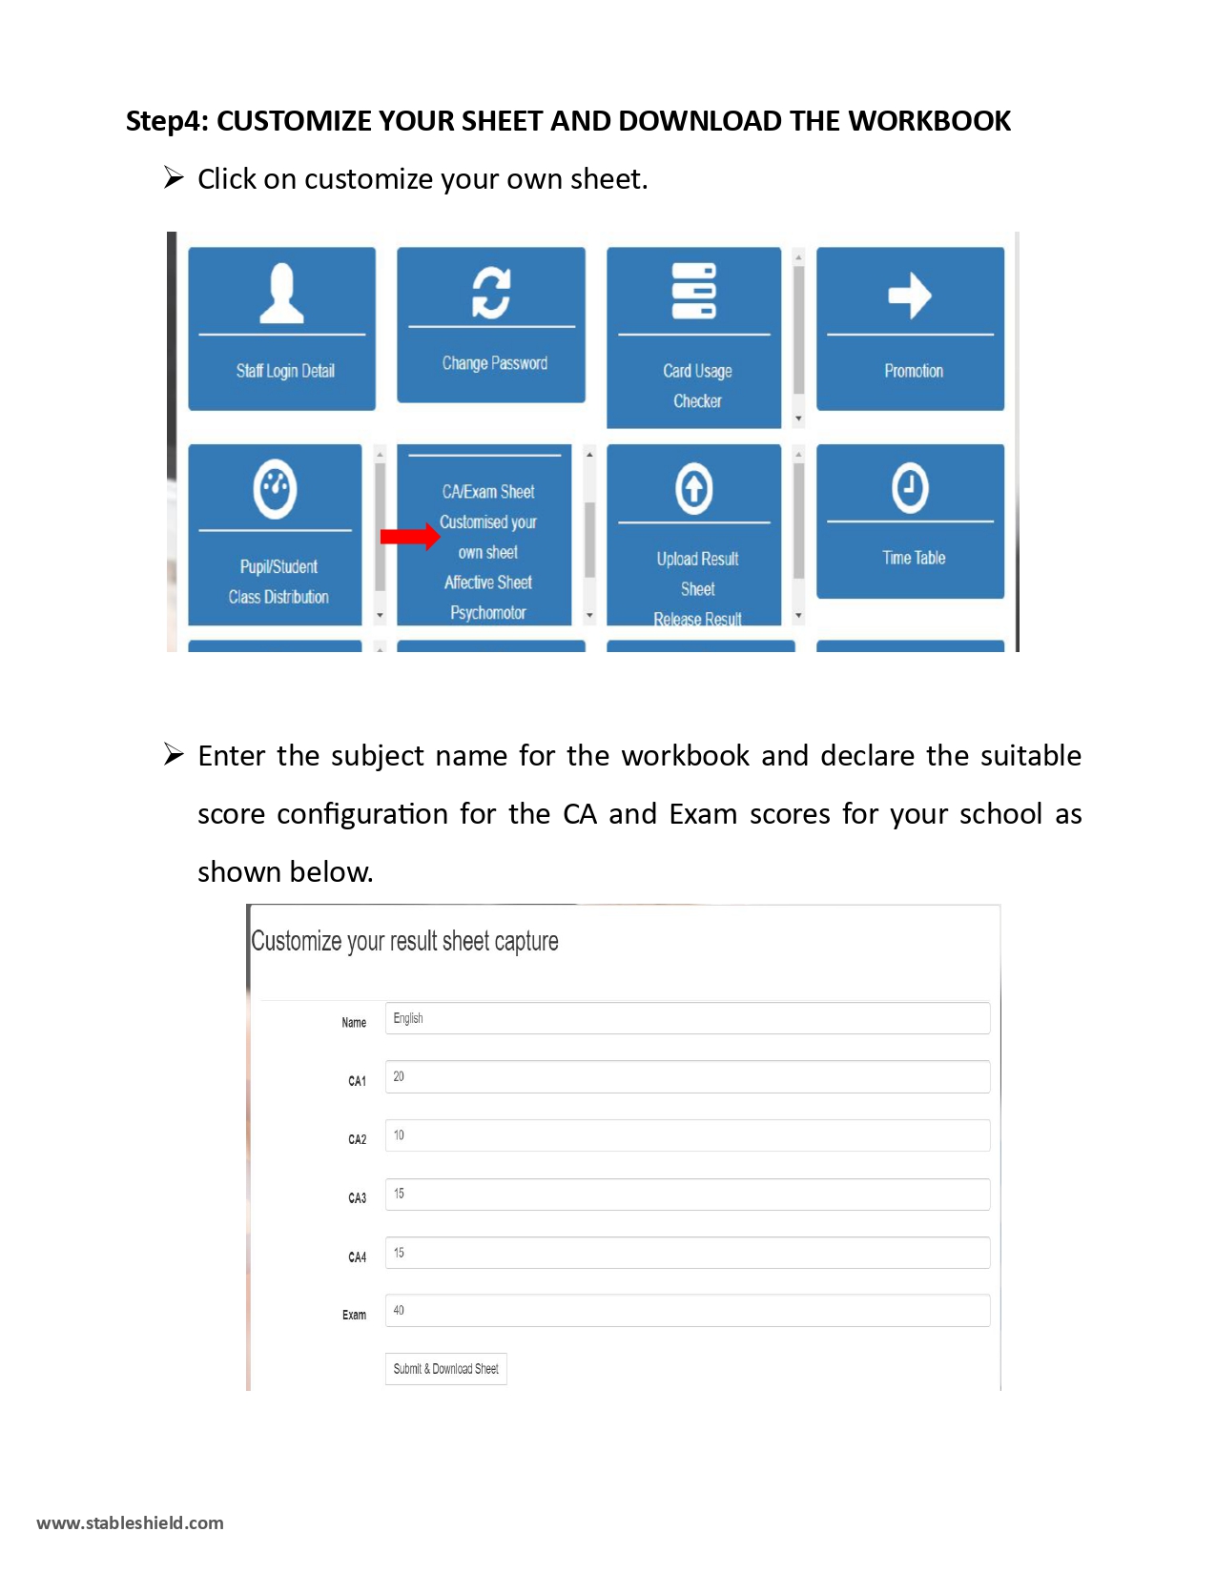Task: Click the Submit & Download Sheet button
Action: pos(445,1369)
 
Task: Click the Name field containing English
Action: pos(687,1018)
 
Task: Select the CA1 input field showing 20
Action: pos(687,1077)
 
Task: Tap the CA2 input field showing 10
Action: pos(687,1135)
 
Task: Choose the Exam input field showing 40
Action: pos(687,1311)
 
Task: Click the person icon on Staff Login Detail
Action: pos(281,293)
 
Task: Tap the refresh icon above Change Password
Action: pos(491,292)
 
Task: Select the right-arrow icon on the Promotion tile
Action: pos(910,295)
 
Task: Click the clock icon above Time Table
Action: pos(910,488)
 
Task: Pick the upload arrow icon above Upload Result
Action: pos(694,488)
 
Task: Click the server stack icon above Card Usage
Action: pos(694,291)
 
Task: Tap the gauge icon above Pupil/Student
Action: pos(276,488)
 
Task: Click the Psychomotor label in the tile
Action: pos(488,612)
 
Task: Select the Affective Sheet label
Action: pos(488,582)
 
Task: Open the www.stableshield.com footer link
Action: pos(131,1522)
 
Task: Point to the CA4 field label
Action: pos(357,1257)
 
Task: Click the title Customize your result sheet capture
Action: pos(404,941)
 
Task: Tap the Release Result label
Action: pos(697,619)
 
